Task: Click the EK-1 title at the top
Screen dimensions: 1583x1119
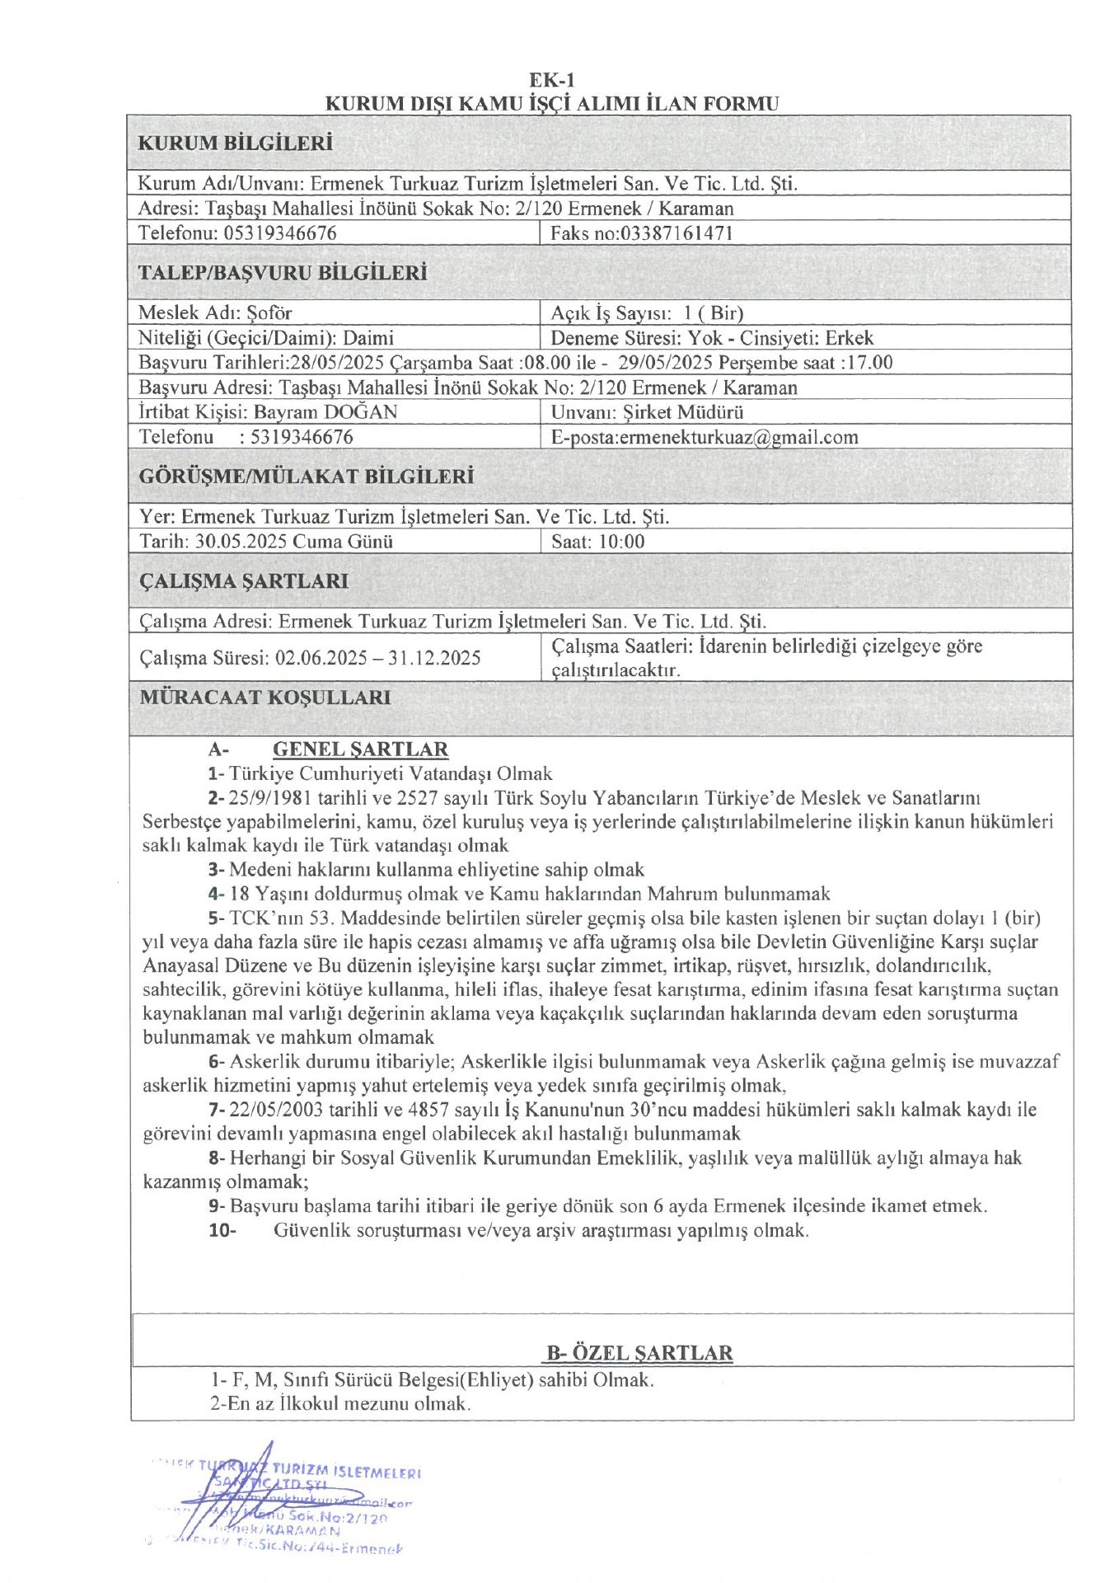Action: [x=552, y=80]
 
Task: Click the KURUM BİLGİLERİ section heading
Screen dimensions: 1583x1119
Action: [x=235, y=143]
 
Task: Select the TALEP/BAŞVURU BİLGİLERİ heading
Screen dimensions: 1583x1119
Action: [x=282, y=273]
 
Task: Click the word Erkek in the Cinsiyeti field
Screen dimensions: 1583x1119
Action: [x=849, y=338]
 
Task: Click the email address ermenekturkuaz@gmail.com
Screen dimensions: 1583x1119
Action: [x=738, y=438]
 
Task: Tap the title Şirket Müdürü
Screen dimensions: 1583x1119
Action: [x=683, y=412]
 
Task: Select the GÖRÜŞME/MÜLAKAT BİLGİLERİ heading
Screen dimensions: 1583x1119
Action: [x=306, y=477]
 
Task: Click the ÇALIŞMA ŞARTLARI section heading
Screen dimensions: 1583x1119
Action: [x=243, y=581]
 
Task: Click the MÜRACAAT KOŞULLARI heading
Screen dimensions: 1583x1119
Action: [x=265, y=698]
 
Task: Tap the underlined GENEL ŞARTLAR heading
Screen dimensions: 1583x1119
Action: [x=360, y=749]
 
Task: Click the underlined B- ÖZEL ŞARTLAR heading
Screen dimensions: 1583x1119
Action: [x=639, y=1353]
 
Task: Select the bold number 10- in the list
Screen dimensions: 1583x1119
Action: [x=222, y=1231]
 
